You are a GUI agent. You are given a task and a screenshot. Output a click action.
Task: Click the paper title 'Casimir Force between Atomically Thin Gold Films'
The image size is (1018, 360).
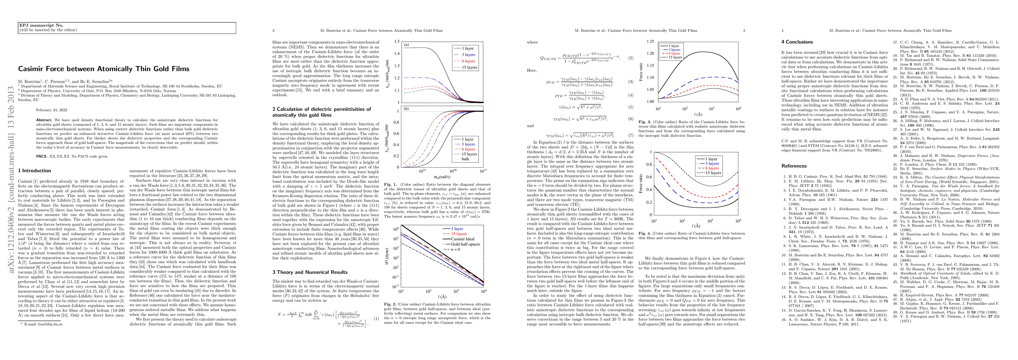coord(104,69)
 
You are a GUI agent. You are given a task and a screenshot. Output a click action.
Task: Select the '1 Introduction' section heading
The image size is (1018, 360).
coord(35,171)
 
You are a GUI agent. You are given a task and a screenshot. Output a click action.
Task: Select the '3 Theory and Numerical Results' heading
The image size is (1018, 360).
coord(310,272)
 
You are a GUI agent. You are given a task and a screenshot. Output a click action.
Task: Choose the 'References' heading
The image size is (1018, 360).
coord(794,166)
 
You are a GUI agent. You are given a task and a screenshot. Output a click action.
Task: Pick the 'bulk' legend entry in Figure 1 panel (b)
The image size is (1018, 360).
coord(465,159)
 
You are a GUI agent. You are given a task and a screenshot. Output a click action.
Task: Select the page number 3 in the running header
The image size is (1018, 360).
coord(744,30)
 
